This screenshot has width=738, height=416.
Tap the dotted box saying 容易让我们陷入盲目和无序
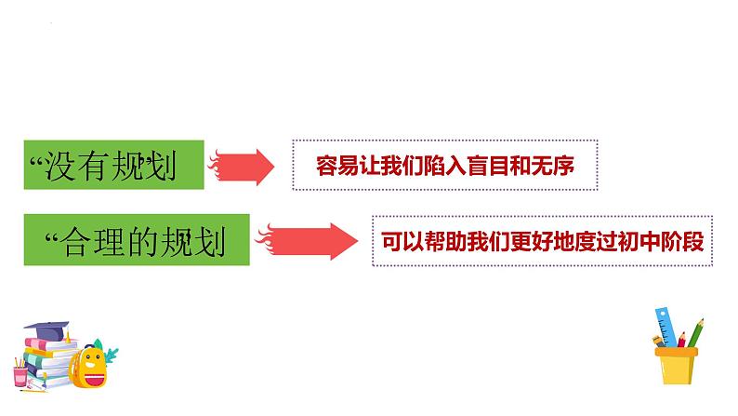point(444,166)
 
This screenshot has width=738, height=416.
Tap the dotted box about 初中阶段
point(541,240)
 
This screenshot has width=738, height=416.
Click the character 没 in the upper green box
point(57,169)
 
